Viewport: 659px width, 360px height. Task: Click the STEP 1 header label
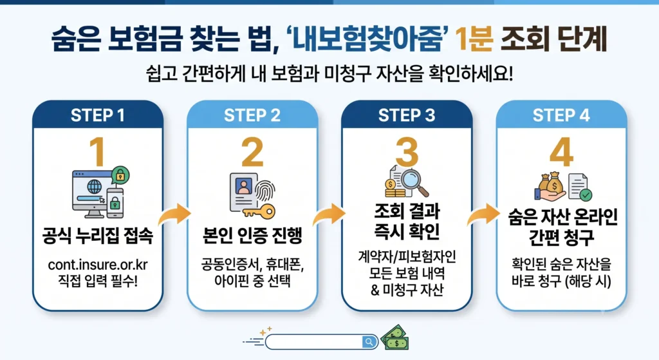click(x=98, y=115)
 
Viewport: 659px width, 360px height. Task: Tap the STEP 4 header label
click(x=561, y=115)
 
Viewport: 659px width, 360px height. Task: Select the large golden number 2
click(x=252, y=152)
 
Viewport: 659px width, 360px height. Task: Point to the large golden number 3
click(x=407, y=152)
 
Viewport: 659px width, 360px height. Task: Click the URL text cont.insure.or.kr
click(x=98, y=265)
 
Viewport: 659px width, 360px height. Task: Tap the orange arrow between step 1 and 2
click(x=174, y=214)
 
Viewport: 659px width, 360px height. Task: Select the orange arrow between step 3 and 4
click(x=483, y=214)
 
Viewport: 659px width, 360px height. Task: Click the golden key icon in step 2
click(x=259, y=211)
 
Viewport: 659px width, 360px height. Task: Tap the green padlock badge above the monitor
click(x=120, y=175)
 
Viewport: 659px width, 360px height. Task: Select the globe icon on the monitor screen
click(x=94, y=186)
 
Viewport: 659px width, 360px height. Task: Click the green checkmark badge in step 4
click(x=586, y=194)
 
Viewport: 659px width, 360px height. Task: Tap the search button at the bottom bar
click(x=369, y=342)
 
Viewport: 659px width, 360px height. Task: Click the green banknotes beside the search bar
click(x=394, y=337)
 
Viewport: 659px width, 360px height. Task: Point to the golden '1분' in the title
click(x=474, y=39)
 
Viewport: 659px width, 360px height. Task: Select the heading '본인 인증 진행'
click(x=252, y=235)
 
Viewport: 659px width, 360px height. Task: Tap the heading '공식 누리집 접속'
click(x=98, y=235)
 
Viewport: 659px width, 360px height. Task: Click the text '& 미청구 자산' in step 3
click(x=407, y=290)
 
